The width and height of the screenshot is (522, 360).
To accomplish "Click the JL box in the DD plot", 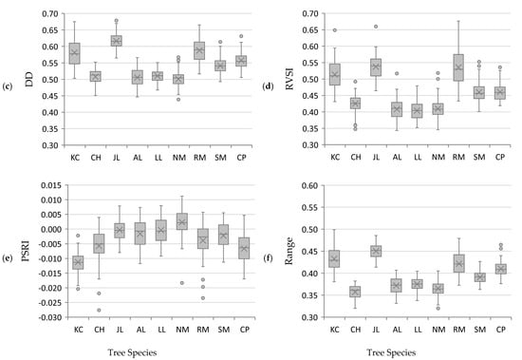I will [x=117, y=41].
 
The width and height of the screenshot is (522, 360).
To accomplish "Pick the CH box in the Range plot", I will [x=355, y=292].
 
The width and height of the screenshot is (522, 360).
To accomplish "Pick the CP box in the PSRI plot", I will [x=245, y=248].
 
